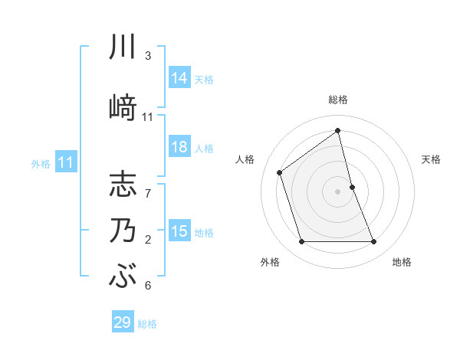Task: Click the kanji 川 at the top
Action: tap(123, 47)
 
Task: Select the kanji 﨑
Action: tap(123, 106)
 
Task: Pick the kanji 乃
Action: tap(123, 231)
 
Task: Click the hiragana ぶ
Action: tap(123, 277)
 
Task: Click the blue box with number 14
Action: tap(179, 78)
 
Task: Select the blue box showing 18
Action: tap(179, 147)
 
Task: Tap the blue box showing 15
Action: tap(179, 231)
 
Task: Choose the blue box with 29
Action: tap(123, 322)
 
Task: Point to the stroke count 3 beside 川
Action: tap(148, 56)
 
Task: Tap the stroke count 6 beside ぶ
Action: tap(148, 286)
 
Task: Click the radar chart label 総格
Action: tap(338, 100)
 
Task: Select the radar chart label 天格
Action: tap(431, 159)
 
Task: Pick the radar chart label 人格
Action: tap(245, 159)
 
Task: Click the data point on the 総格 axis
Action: tap(338, 131)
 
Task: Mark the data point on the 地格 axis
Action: tap(374, 242)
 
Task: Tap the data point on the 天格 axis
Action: tap(352, 187)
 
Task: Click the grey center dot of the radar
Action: tap(338, 191)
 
